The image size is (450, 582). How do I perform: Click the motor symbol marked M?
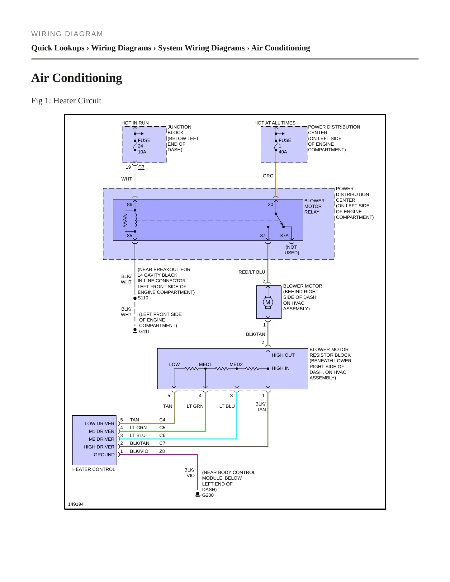coord(268,302)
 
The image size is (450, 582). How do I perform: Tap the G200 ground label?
coord(208,495)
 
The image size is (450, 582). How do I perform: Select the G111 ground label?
coord(144,331)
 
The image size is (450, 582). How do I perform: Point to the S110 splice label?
coord(143,298)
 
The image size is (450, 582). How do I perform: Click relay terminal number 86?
coord(130,204)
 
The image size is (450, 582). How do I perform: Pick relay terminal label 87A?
coord(284,236)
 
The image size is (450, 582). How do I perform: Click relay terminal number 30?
coord(271,204)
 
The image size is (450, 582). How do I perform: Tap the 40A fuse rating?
coord(283,152)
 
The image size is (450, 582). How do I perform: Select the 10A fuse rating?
coord(142,152)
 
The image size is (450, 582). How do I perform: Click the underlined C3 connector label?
coord(141,167)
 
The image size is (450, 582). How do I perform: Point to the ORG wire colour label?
coord(268,176)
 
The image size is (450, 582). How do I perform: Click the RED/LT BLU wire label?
coord(252,272)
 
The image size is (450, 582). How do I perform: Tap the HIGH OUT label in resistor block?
coord(283,355)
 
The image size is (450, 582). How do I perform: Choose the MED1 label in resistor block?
coord(206,364)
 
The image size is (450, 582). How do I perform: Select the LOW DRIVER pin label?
coord(99,424)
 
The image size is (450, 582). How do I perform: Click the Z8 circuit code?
coord(162,451)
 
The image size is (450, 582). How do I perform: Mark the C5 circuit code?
coord(162,428)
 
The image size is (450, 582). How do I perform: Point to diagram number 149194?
coord(76,504)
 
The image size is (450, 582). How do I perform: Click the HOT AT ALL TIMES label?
coord(275,123)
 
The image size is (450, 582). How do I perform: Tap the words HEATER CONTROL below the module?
coord(94,469)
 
